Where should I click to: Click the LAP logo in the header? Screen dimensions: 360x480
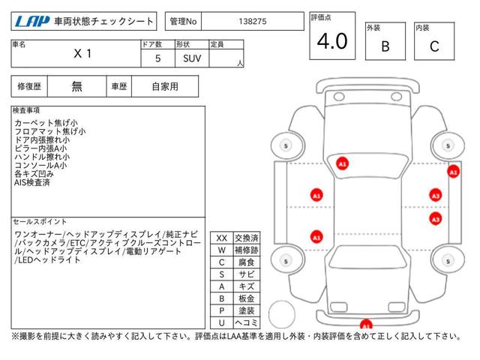[31, 22]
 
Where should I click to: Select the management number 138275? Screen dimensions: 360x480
[250, 22]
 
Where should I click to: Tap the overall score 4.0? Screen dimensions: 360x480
[331, 42]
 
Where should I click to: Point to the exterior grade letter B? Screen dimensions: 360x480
[385, 46]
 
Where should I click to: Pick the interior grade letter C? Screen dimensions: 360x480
[434, 46]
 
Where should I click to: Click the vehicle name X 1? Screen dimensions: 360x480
[83, 55]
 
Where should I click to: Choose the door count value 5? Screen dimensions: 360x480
[156, 58]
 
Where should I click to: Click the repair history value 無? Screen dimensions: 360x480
[77, 86]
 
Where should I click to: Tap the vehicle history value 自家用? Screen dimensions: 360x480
[165, 86]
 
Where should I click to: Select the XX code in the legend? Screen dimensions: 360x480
[221, 238]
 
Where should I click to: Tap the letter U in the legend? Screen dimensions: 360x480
[221, 322]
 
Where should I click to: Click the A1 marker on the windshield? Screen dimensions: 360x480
[343, 163]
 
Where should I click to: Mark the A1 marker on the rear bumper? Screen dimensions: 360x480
[365, 325]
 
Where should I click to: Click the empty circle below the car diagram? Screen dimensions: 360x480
[283, 312]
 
